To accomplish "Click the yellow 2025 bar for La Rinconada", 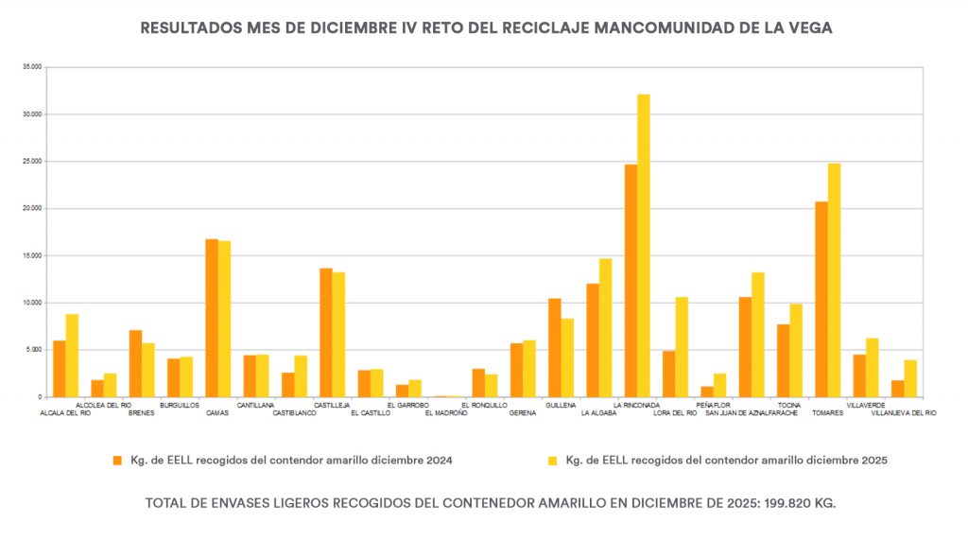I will point(644,246).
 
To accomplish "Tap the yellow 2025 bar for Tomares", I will point(834,280).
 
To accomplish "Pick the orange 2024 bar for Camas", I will point(212,318).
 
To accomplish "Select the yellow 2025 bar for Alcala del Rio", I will point(72,356).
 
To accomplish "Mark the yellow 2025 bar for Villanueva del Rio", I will point(910,378).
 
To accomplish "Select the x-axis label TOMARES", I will point(827,413).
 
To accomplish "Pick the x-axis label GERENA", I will point(522,413).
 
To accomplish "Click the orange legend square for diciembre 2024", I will point(117,461).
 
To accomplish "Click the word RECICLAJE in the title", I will point(545,28).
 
